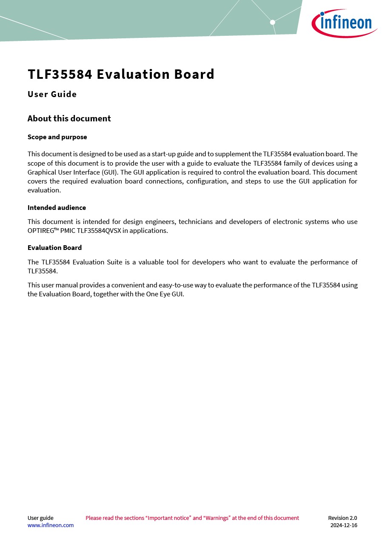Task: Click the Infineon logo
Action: [344, 23]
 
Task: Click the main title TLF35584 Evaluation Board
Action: [121, 75]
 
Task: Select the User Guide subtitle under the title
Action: [52, 95]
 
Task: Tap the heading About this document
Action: [69, 119]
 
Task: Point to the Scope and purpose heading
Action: [57, 137]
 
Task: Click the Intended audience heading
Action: [57, 208]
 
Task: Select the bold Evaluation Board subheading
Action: [54, 248]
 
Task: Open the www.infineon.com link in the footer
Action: [50, 525]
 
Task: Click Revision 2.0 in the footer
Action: [342, 518]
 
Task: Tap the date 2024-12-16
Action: [344, 525]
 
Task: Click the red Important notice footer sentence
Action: [192, 518]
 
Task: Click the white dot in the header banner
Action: [273, 22]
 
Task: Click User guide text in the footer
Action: [40, 518]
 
